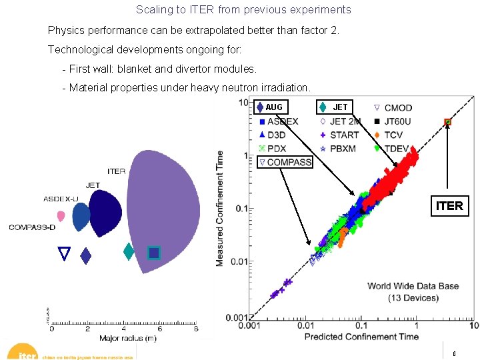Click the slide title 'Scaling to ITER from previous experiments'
[x=243, y=10]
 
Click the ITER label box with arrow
[x=449, y=206]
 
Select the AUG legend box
[x=269, y=107]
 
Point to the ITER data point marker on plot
[x=447, y=122]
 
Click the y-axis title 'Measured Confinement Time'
[x=219, y=209]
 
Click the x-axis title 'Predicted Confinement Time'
[x=361, y=337]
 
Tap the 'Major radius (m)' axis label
[x=129, y=339]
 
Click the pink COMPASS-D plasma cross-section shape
[x=61, y=216]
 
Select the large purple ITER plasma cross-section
[x=162, y=210]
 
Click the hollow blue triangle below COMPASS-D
[x=64, y=253]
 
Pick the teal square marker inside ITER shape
[x=154, y=253]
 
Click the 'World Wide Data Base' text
[x=413, y=286]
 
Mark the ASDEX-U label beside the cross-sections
[x=61, y=199]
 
